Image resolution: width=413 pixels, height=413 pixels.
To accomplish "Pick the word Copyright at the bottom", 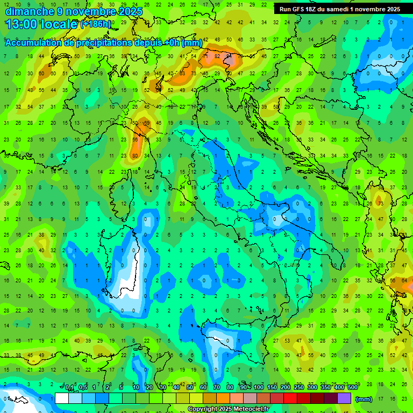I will (203, 409).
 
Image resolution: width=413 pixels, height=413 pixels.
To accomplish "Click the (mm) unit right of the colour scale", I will (364, 398).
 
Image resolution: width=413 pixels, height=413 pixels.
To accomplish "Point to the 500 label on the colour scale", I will (352, 388).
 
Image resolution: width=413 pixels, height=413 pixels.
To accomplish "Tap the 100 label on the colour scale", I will (259, 388).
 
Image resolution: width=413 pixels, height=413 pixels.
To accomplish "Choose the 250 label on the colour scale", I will (299, 388).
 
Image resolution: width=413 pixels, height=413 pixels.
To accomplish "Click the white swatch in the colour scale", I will (62, 398).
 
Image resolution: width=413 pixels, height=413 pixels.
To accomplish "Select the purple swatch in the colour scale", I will (344, 398).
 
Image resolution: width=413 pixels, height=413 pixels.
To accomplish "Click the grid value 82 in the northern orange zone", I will (217, 56).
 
